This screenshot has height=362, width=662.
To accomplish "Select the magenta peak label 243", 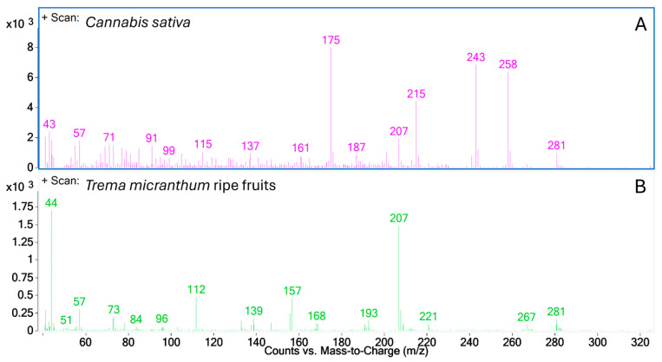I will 475,57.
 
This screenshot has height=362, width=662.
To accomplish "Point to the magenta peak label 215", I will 416,94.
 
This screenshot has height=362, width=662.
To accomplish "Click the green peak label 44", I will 52,203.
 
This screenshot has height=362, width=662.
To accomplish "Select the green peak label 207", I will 399,218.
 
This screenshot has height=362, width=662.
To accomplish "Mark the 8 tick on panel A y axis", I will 30,48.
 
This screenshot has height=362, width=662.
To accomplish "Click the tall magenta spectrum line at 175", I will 331,104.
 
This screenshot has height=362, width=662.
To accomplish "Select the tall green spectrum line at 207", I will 398,278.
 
